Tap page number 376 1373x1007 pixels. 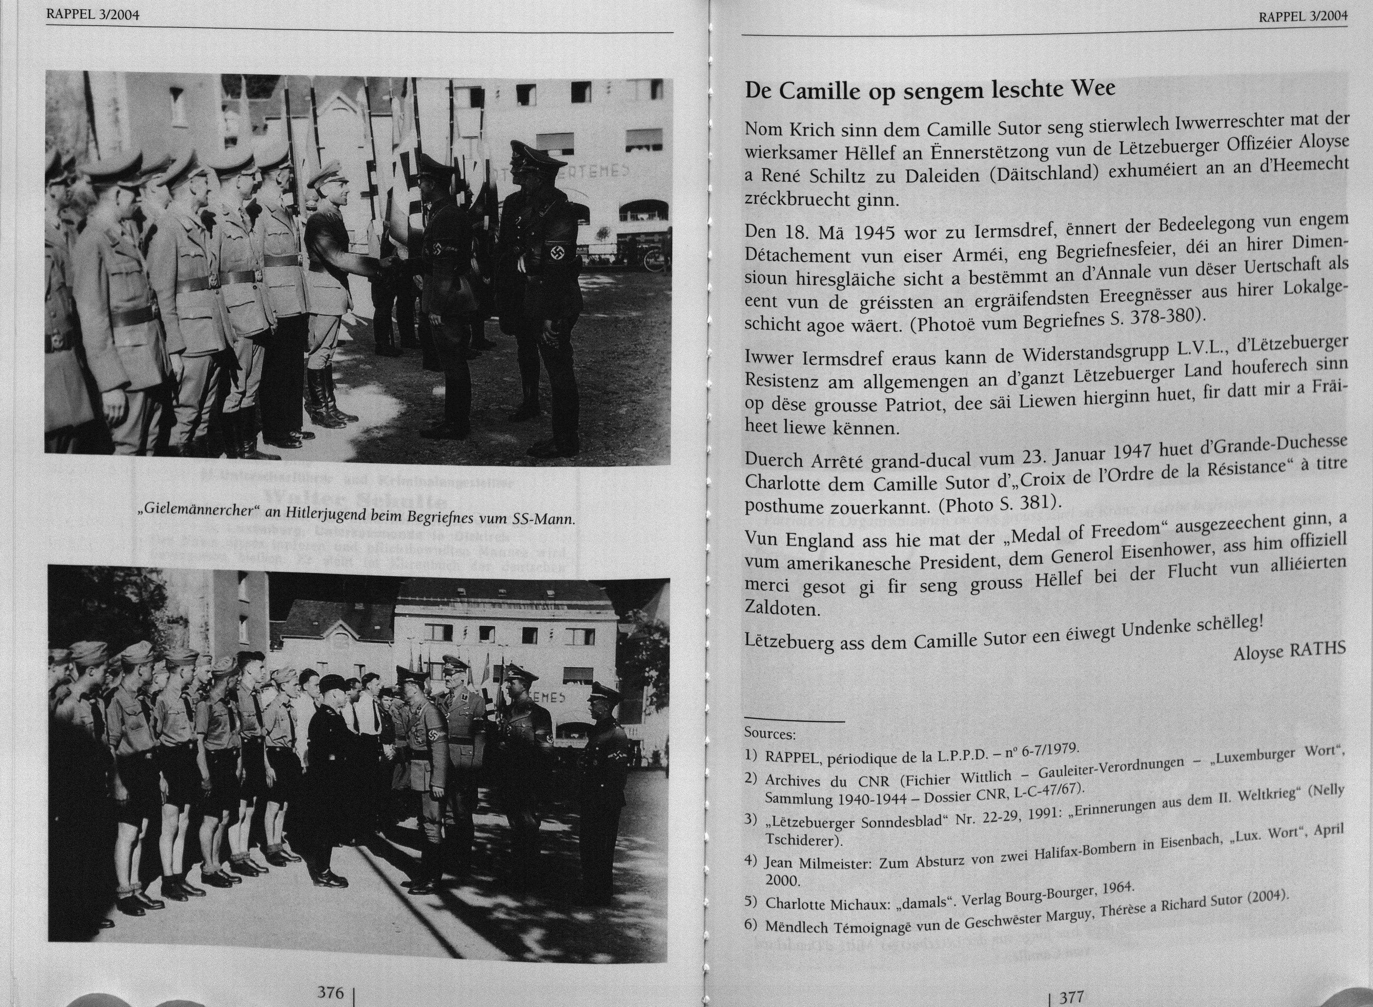pyautogui.click(x=331, y=992)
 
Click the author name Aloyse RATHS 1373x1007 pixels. pyautogui.click(x=1289, y=651)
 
